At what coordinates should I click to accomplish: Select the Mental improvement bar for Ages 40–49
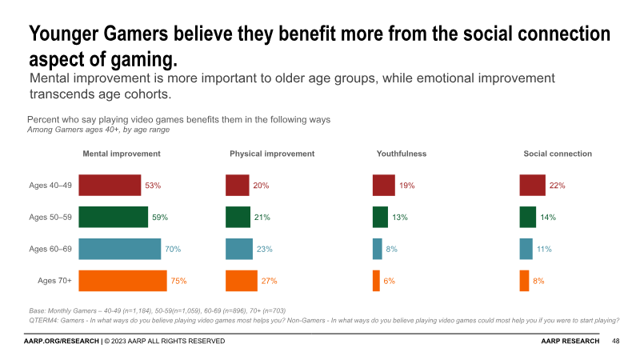coord(112,185)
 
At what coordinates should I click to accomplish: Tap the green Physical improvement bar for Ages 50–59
coord(238,217)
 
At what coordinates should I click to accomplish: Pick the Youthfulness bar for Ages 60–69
coord(377,249)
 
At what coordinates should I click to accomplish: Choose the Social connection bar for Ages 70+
coord(524,281)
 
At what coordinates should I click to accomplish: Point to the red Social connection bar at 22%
coord(532,185)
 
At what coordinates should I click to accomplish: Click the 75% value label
coord(179,281)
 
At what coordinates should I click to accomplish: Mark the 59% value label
coord(160,217)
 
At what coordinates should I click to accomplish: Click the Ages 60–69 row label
coord(50,249)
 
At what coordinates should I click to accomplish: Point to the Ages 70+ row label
coord(55,281)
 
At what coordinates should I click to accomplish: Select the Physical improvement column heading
coord(272,154)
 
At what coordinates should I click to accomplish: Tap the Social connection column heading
coord(558,154)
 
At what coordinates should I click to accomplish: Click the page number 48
coord(616,341)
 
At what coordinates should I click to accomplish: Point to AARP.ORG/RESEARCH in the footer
coord(60,341)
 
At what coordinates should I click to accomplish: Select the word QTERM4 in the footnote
coord(46,320)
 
